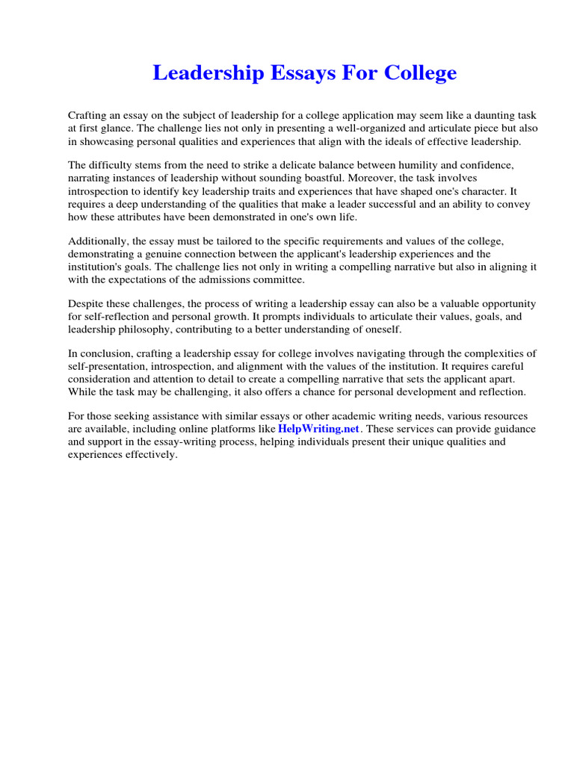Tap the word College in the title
click(x=420, y=73)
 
